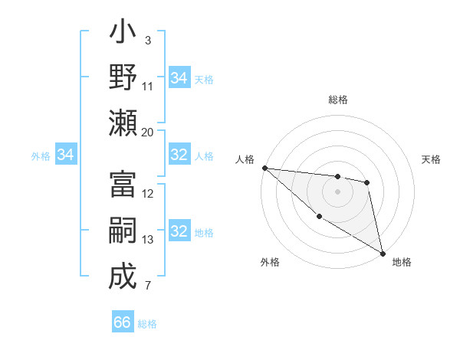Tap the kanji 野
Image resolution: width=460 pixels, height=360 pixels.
[x=123, y=78]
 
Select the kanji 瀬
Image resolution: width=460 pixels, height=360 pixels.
[x=123, y=123]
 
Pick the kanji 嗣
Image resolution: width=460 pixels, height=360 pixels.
[x=123, y=231]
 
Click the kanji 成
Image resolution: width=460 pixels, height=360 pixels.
[x=123, y=277]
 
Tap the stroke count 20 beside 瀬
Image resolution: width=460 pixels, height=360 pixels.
[x=148, y=132]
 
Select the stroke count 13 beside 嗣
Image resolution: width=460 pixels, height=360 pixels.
[x=148, y=240]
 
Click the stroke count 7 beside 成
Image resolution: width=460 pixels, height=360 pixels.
[x=148, y=286]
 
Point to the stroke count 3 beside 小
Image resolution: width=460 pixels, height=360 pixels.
[x=148, y=40]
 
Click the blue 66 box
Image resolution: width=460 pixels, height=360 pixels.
[x=123, y=322]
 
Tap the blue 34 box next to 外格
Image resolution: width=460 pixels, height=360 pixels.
[x=65, y=155]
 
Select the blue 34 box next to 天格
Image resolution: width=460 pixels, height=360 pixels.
[x=179, y=77]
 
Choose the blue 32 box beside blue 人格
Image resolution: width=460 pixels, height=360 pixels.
[x=179, y=155]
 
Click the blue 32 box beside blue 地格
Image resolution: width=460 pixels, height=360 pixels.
[x=179, y=231]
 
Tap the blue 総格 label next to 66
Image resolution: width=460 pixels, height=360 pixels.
[x=147, y=324]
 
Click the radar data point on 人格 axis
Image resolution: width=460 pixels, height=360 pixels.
[x=264, y=168]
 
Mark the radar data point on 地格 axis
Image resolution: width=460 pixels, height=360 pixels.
[x=383, y=253]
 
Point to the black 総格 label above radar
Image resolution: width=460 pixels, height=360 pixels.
[x=337, y=100]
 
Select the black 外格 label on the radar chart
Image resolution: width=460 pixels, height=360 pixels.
[x=270, y=263]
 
